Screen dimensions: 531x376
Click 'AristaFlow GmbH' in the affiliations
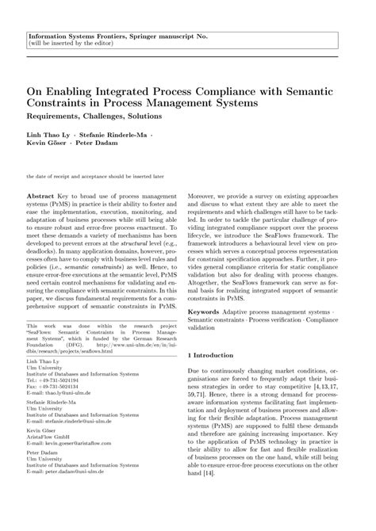tap(49, 439)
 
